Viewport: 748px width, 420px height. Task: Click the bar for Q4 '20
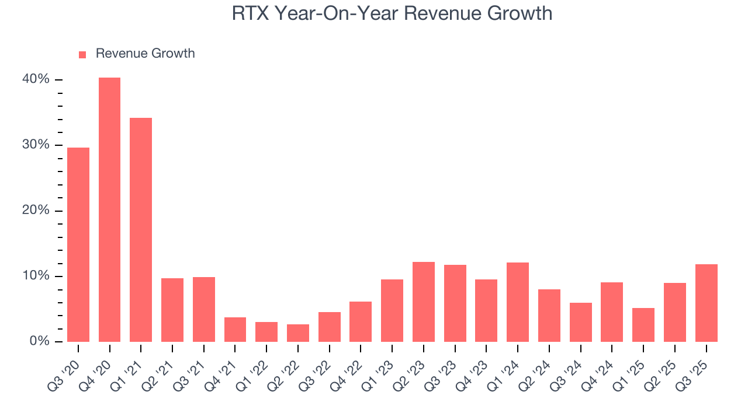pyautogui.click(x=109, y=209)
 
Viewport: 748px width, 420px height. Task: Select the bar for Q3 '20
pyautogui.click(x=78, y=244)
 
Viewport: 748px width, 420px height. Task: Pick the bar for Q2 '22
pyautogui.click(x=298, y=333)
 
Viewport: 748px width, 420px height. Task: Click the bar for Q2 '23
pyautogui.click(x=424, y=302)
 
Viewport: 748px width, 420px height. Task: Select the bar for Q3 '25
pyautogui.click(x=706, y=303)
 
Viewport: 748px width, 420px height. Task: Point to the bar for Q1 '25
pyautogui.click(x=643, y=325)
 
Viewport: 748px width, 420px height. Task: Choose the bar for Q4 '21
pyautogui.click(x=235, y=330)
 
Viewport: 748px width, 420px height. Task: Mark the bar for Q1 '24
pyautogui.click(x=518, y=302)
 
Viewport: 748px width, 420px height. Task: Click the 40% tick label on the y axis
pyautogui.click(x=36, y=79)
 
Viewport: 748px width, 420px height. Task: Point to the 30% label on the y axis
pyautogui.click(x=36, y=145)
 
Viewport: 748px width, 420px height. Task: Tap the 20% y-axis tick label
pyautogui.click(x=36, y=211)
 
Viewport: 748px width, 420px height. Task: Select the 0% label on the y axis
pyautogui.click(x=39, y=341)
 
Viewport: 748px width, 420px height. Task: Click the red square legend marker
pyautogui.click(x=82, y=54)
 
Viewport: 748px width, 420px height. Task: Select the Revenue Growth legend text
pyautogui.click(x=145, y=54)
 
